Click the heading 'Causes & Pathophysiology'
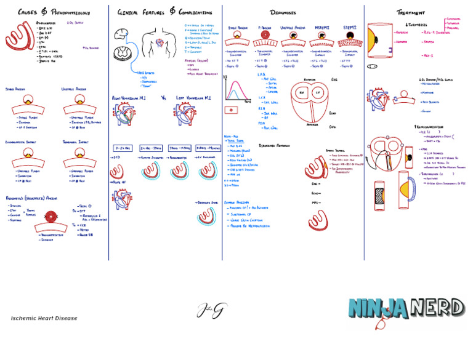click(x=54, y=12)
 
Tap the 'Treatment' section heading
click(x=411, y=12)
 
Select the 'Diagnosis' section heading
click(x=283, y=12)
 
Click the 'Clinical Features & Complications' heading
click(x=164, y=12)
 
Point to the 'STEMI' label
click(x=349, y=28)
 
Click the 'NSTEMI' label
click(x=321, y=28)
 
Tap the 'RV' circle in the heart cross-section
click(x=302, y=93)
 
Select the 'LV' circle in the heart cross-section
click(x=318, y=93)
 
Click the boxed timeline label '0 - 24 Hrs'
click(x=123, y=148)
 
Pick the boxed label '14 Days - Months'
click(x=208, y=148)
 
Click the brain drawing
click(x=121, y=35)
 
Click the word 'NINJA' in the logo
click(x=378, y=308)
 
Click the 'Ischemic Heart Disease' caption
click(x=44, y=318)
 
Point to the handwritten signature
click(x=211, y=310)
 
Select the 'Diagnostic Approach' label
click(x=275, y=146)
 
